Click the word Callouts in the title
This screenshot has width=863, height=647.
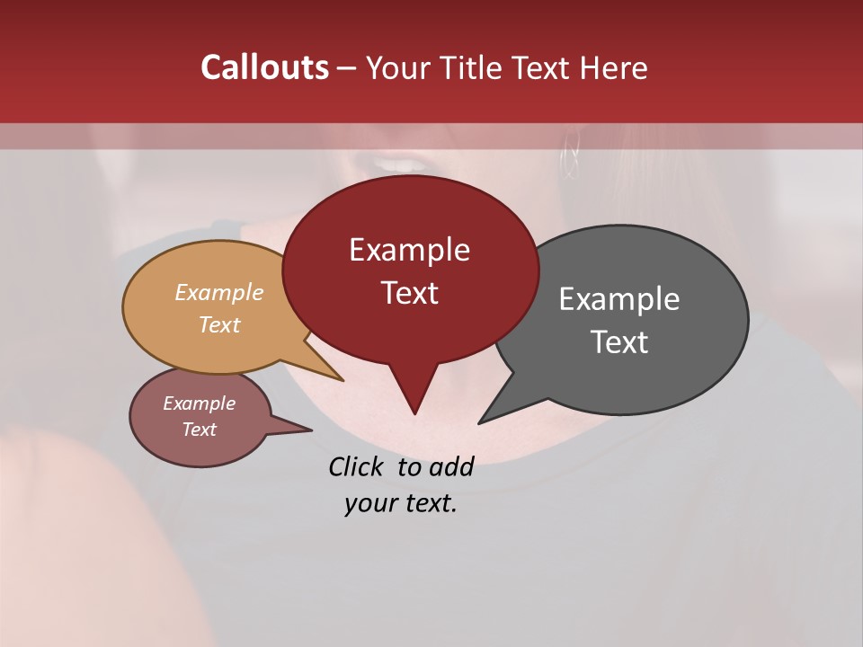[264, 67]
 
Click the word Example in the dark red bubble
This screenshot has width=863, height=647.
[409, 250]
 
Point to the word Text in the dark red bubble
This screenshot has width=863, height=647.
[409, 293]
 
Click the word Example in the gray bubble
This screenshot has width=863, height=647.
[619, 299]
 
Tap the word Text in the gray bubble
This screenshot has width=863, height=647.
[619, 342]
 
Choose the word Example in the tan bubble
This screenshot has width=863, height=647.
[219, 292]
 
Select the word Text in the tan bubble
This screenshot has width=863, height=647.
[219, 324]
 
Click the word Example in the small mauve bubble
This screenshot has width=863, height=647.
[200, 403]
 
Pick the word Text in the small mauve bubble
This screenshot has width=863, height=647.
[200, 430]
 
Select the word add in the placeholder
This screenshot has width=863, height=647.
[452, 466]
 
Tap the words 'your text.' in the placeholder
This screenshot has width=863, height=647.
[401, 503]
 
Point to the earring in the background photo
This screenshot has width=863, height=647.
[570, 158]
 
